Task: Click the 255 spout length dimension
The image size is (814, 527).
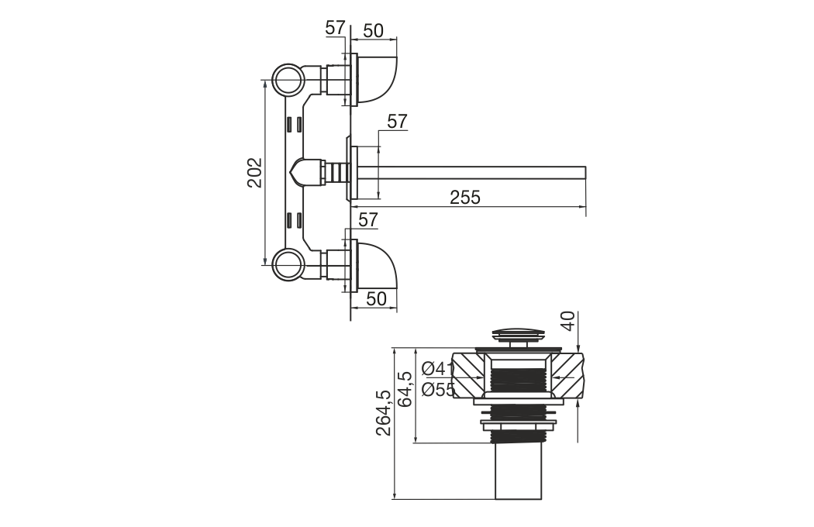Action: click(465, 198)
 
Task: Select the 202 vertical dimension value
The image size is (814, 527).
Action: click(254, 172)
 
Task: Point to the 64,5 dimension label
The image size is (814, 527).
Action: click(405, 389)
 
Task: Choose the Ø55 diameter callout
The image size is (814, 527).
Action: click(438, 389)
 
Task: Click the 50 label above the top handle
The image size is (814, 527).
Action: click(373, 31)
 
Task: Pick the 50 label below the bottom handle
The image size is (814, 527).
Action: click(376, 298)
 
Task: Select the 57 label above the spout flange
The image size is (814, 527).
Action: click(397, 122)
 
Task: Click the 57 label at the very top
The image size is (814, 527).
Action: click(336, 28)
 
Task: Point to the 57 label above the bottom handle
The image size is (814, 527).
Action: click(368, 219)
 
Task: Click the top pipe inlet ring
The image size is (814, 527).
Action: click(288, 80)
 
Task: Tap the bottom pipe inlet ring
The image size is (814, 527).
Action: click(288, 265)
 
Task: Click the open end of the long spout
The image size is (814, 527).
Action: click(585, 173)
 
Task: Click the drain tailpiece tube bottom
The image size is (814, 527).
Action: click(518, 498)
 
